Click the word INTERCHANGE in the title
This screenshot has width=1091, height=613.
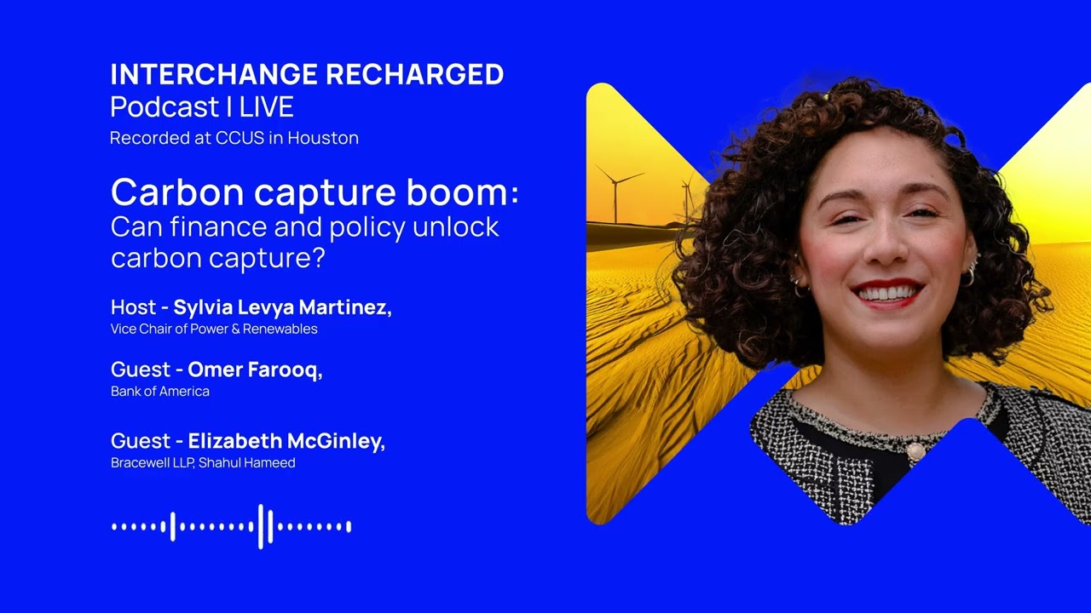tap(215, 75)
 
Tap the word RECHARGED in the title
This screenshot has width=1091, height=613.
tap(414, 75)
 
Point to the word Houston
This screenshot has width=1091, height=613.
tap(323, 138)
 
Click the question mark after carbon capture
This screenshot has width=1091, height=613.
tap(319, 258)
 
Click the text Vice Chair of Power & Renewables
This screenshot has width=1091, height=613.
tap(214, 329)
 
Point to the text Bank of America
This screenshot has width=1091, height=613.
tap(160, 392)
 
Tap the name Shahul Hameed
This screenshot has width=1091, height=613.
tap(247, 463)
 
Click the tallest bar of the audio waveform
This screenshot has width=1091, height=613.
tap(261, 526)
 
